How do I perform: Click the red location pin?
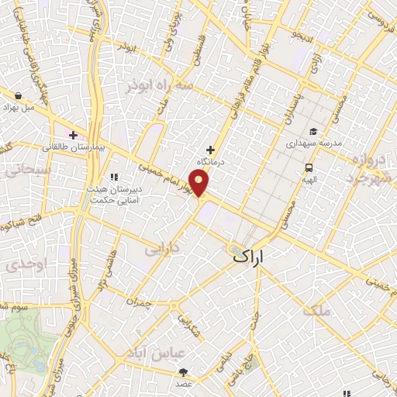pyautogui.click(x=200, y=182)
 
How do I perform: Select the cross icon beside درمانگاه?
pyautogui.click(x=209, y=149)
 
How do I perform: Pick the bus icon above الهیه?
pyautogui.click(x=309, y=167)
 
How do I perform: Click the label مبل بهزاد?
pyautogui.click(x=18, y=107)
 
